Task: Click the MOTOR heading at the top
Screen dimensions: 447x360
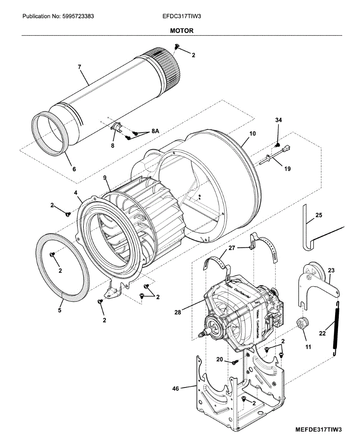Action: pyautogui.click(x=182, y=31)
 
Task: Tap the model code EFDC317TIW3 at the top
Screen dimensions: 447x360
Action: pyautogui.click(x=179, y=16)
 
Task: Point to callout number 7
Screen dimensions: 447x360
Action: pyautogui.click(x=79, y=67)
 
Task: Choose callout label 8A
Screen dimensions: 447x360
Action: pyautogui.click(x=155, y=131)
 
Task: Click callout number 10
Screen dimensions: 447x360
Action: pyautogui.click(x=253, y=133)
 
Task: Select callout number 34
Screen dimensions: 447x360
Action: pyautogui.click(x=278, y=120)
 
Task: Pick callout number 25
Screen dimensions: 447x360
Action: pyautogui.click(x=319, y=215)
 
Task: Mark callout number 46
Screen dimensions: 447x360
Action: pyautogui.click(x=175, y=389)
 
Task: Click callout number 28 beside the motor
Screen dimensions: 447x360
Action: pyautogui.click(x=178, y=313)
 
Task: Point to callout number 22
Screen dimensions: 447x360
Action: pyautogui.click(x=322, y=333)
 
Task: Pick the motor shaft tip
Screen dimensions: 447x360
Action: pyautogui.click(x=201, y=335)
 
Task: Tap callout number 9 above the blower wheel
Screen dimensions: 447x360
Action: pyautogui.click(x=105, y=178)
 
